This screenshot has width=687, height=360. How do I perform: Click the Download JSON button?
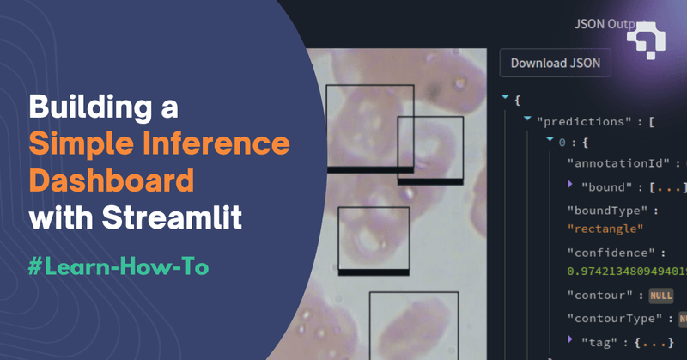[555, 63]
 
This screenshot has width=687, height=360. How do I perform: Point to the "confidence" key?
[611, 253]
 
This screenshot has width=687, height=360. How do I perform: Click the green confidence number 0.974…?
[626, 272]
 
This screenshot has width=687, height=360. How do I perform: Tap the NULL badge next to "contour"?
[660, 295]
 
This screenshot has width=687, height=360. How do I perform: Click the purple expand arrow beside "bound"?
[571, 185]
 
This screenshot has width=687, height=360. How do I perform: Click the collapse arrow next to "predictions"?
[526, 121]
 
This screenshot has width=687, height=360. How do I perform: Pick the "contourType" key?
[617, 318]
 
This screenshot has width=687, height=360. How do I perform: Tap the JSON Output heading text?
[598, 23]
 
